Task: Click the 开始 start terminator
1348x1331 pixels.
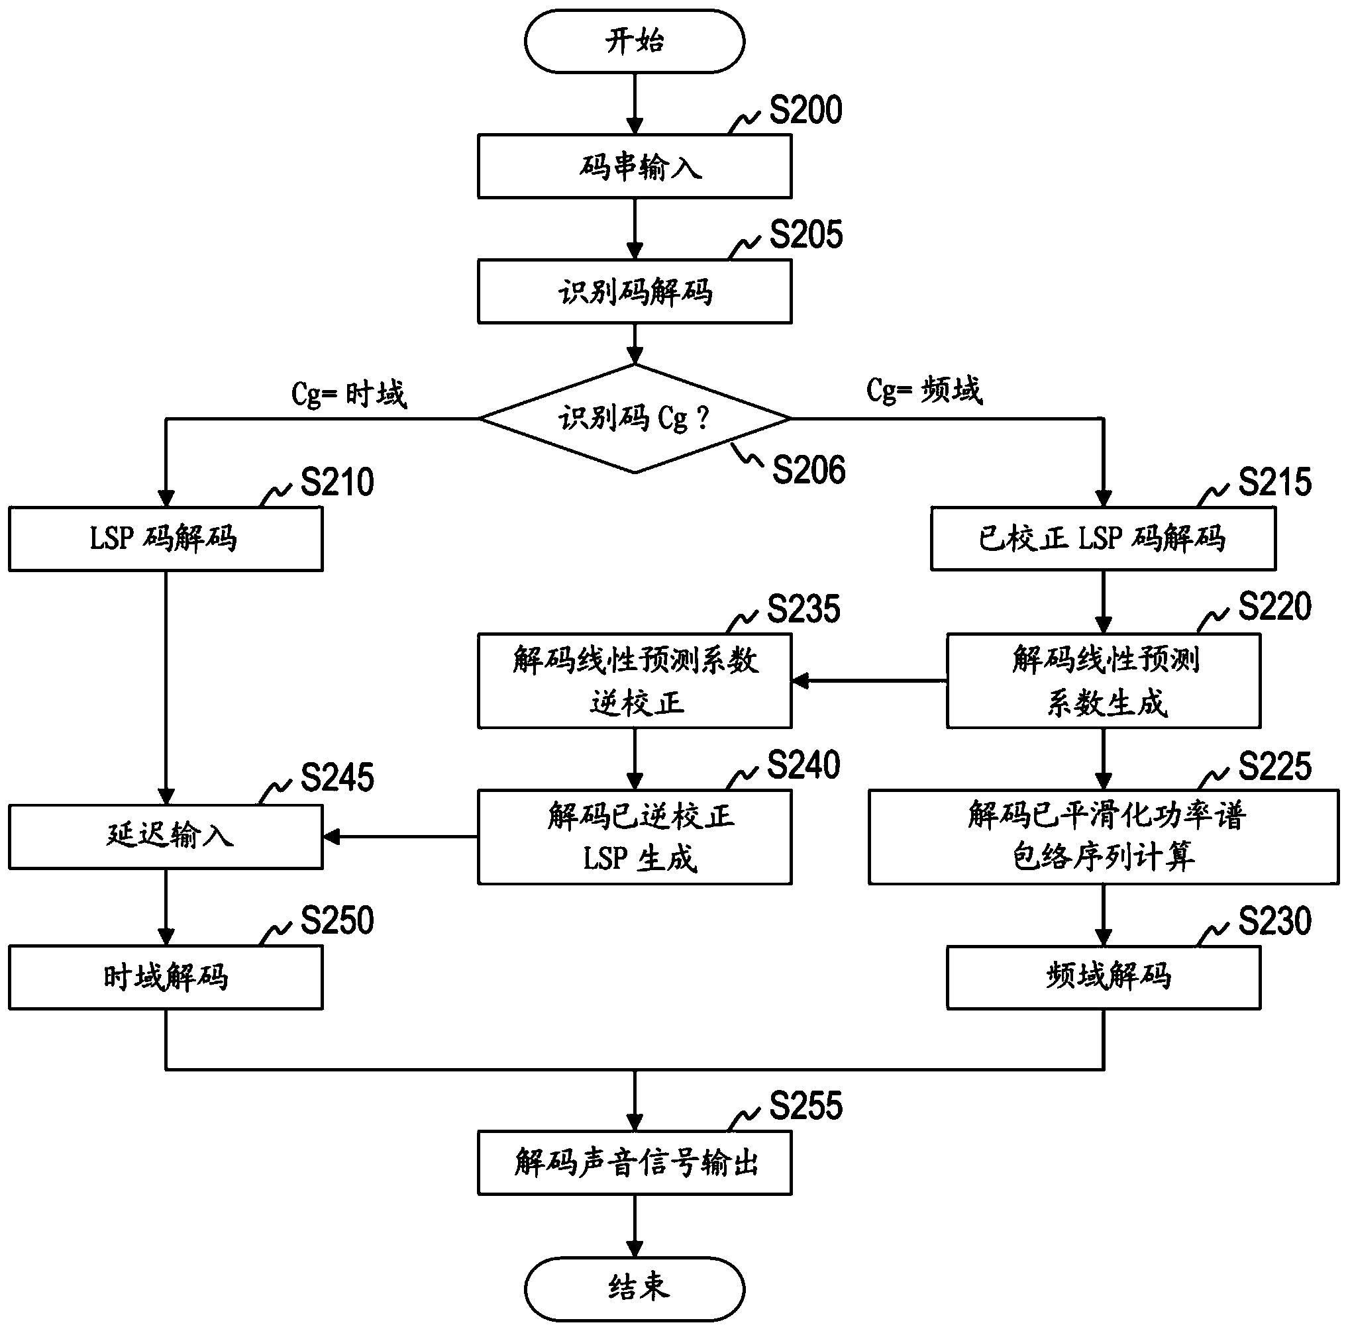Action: [x=634, y=41]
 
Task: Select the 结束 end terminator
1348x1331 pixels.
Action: [x=634, y=1288]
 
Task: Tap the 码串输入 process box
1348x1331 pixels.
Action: [x=634, y=167]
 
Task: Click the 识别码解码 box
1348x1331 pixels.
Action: [x=634, y=291]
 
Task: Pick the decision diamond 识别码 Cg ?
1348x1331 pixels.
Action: [x=634, y=419]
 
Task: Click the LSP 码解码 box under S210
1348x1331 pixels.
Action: [x=166, y=538]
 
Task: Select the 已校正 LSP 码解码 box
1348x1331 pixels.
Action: [x=1103, y=538]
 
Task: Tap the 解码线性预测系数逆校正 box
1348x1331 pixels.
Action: [x=634, y=681]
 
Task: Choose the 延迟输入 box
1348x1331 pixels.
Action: [x=166, y=836]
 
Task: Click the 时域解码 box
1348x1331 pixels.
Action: [x=166, y=977]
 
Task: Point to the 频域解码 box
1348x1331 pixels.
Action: [x=1103, y=977]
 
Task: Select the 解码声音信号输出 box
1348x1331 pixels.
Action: [x=634, y=1163]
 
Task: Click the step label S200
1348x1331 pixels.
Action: [x=805, y=110]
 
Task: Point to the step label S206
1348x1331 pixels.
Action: [x=809, y=470]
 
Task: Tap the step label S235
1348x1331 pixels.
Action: [x=804, y=609]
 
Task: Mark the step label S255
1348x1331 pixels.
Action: [x=805, y=1106]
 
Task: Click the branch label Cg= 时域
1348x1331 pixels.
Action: [x=349, y=394]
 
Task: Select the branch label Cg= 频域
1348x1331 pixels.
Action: [x=925, y=390]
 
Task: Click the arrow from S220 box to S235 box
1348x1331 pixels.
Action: [x=869, y=681]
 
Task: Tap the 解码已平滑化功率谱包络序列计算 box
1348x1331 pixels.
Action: [x=1103, y=836]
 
